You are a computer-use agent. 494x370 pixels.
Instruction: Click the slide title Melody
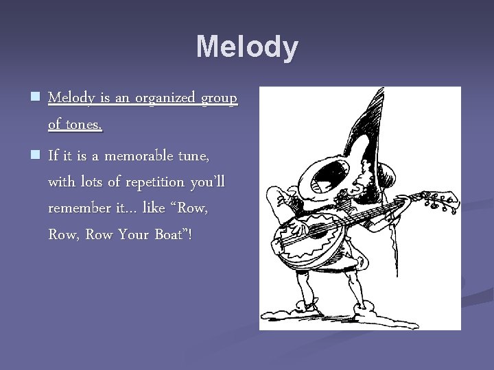pyautogui.click(x=247, y=47)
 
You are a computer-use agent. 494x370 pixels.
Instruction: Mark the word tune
pyautogui.click(x=193, y=157)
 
